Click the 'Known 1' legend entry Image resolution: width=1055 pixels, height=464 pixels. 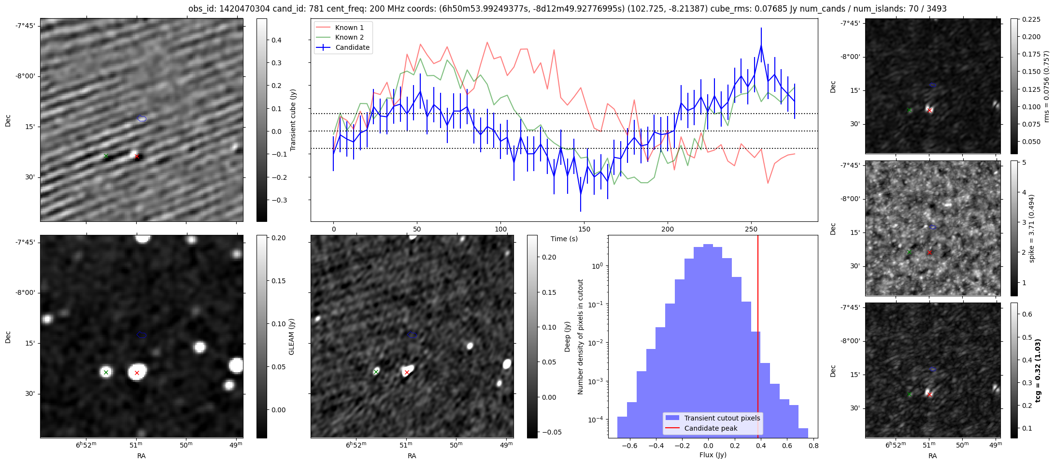pyautogui.click(x=349, y=28)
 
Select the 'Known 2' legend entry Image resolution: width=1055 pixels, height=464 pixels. pyautogui.click(x=349, y=37)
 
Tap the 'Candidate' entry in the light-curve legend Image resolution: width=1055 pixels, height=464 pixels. pyautogui.click(x=352, y=47)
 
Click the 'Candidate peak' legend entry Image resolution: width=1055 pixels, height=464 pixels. pyautogui.click(x=711, y=428)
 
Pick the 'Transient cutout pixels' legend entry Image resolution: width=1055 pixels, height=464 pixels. pyautogui.click(x=722, y=418)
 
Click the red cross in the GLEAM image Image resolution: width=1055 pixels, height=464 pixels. pyautogui.click(x=137, y=373)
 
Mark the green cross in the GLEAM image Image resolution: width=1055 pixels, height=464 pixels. pyautogui.click(x=106, y=372)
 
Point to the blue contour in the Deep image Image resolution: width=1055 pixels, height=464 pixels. pyautogui.click(x=412, y=334)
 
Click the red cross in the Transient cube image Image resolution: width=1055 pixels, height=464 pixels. pyautogui.click(x=137, y=156)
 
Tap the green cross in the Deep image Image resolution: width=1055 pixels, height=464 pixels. pyautogui.click(x=376, y=372)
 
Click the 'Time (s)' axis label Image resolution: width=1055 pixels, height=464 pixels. pyautogui.click(x=564, y=239)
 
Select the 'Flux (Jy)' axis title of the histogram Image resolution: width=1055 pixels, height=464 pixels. pyautogui.click(x=713, y=455)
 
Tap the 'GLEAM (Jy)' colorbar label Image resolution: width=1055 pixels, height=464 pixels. pyautogui.click(x=291, y=337)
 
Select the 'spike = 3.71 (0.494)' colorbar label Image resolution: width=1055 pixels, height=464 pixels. pyautogui.click(x=1032, y=228)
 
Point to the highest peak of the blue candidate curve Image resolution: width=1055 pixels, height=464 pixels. pyautogui.click(x=761, y=45)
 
